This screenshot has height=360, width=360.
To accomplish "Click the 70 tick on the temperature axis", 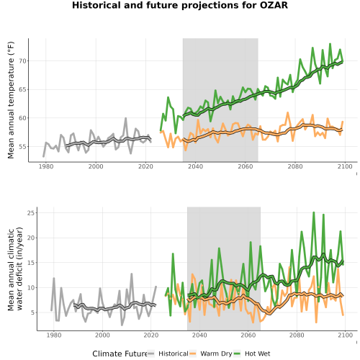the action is click(22, 61).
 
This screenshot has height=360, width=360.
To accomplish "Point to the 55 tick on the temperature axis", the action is click(22, 147).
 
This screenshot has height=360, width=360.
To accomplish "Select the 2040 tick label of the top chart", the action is click(195, 166).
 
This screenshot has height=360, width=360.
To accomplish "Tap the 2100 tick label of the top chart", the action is click(345, 166).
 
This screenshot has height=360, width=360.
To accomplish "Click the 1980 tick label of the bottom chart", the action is click(54, 336).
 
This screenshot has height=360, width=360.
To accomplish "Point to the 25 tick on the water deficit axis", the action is click(32, 213).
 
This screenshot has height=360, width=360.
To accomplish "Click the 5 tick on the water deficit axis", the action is click(33, 312).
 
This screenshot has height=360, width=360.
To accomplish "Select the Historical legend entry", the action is click(168, 354).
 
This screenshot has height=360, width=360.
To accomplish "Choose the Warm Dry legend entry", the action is click(210, 354).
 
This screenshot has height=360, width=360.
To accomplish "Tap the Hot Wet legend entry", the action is click(252, 354).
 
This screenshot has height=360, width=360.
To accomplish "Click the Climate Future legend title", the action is click(120, 354).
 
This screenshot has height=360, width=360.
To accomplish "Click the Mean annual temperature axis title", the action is click(11, 100).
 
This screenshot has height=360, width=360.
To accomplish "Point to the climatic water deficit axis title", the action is click(15, 269).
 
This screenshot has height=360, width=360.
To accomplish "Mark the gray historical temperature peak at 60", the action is click(126, 118).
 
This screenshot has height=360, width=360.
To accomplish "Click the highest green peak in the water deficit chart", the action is click(313, 212).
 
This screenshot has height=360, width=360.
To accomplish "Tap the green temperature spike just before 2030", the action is click(168, 97).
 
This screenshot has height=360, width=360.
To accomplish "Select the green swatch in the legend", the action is click(237, 354).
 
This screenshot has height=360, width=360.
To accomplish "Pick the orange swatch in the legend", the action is click(192, 354).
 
